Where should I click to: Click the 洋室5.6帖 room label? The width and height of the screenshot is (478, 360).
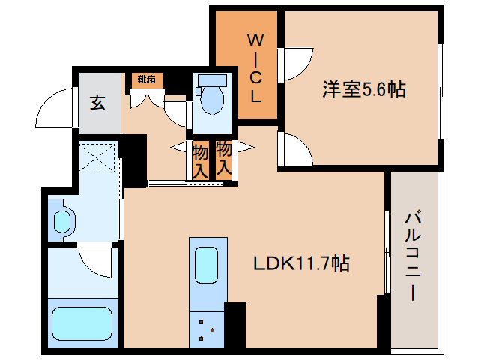click(364, 90)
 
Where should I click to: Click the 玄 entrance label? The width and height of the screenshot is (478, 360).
click(98, 103)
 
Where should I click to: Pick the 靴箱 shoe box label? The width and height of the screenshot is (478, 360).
click(145, 79)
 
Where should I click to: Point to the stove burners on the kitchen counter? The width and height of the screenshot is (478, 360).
click(208, 328)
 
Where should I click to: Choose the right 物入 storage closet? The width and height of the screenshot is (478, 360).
click(223, 159)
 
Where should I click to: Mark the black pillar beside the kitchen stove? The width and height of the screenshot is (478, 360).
click(235, 324)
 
